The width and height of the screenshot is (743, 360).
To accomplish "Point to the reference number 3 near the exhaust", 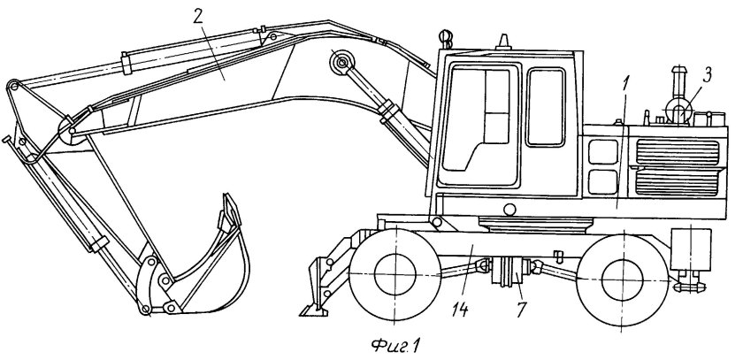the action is (x=707, y=76).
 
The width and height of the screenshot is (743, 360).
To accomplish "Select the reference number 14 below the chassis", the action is (x=460, y=310).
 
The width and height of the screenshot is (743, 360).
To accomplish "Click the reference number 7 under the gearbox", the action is (x=520, y=310).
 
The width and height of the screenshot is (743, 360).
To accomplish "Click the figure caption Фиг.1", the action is (x=396, y=345).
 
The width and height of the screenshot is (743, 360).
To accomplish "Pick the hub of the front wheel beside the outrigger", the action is (x=394, y=274).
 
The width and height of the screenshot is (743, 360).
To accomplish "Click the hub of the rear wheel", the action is (x=622, y=280).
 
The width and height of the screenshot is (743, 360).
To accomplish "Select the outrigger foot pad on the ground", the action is (x=313, y=310).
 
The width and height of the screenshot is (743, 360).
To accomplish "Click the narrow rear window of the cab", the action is (x=546, y=107).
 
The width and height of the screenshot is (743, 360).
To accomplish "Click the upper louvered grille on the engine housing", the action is (x=678, y=152).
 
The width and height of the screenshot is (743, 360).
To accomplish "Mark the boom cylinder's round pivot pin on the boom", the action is (x=341, y=62).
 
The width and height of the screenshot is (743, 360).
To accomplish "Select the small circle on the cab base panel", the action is (x=509, y=209).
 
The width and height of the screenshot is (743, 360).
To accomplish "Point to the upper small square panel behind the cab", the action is (x=602, y=151).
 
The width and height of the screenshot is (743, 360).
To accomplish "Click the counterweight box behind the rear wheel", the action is (x=691, y=249).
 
